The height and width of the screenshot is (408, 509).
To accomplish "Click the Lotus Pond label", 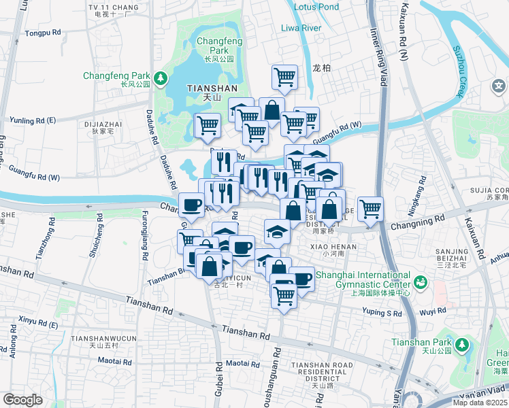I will click(316, 7).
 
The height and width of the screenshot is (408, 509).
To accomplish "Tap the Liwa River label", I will click(301, 28).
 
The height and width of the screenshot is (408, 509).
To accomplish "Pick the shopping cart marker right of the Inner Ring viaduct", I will click(370, 208).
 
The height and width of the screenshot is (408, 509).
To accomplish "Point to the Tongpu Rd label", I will click(42, 33).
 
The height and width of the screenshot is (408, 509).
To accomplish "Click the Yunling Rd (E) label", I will click(32, 120).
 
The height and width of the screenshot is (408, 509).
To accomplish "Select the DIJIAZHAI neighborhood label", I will click(103, 124).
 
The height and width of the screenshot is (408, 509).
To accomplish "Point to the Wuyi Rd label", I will click(432, 311).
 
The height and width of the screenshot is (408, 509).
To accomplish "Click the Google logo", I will click(22, 399).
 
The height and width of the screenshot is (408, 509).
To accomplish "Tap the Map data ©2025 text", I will click(480, 403).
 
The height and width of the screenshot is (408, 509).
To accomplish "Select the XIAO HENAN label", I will click(329, 245).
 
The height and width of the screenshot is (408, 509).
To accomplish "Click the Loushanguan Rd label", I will click(277, 374).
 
